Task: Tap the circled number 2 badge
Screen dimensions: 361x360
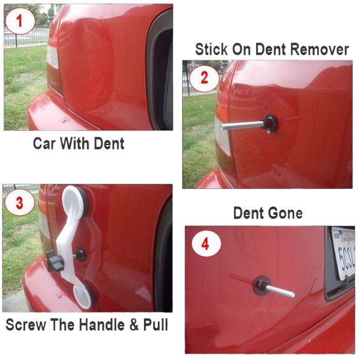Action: point(204,79)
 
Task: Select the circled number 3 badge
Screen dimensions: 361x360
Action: point(20,202)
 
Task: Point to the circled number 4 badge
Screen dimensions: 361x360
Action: point(205,244)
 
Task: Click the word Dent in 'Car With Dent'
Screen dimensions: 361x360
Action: point(109,143)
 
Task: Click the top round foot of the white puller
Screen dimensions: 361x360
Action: point(75,199)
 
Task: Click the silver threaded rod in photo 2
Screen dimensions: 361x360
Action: point(240,124)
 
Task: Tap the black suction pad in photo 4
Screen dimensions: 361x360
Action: point(261,285)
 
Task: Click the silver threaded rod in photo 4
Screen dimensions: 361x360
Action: point(281,290)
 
